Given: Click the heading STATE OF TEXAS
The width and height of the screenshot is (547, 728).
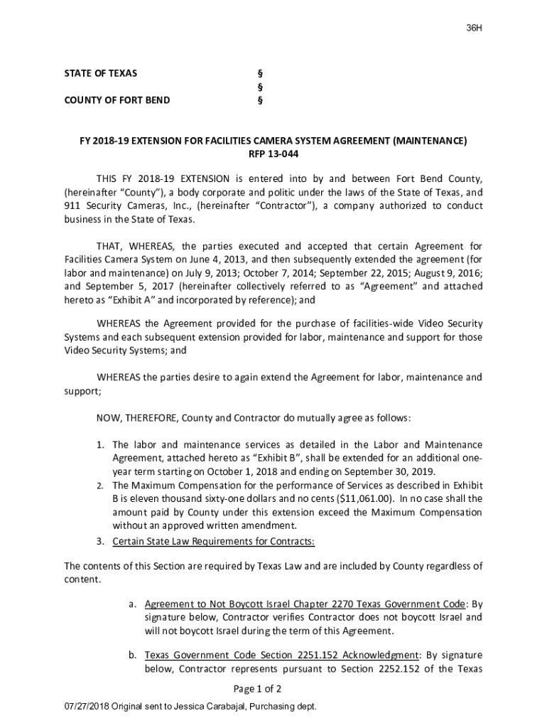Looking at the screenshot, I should [x=101, y=73].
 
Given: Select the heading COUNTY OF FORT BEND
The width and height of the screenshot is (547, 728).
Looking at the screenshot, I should [x=117, y=100].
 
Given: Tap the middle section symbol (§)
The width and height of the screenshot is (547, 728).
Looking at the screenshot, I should [x=259, y=87].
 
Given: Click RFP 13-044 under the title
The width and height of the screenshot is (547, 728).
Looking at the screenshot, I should [x=273, y=154].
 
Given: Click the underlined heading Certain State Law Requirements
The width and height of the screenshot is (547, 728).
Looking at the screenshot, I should [x=213, y=540].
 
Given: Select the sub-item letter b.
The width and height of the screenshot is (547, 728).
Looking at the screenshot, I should [x=132, y=655].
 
